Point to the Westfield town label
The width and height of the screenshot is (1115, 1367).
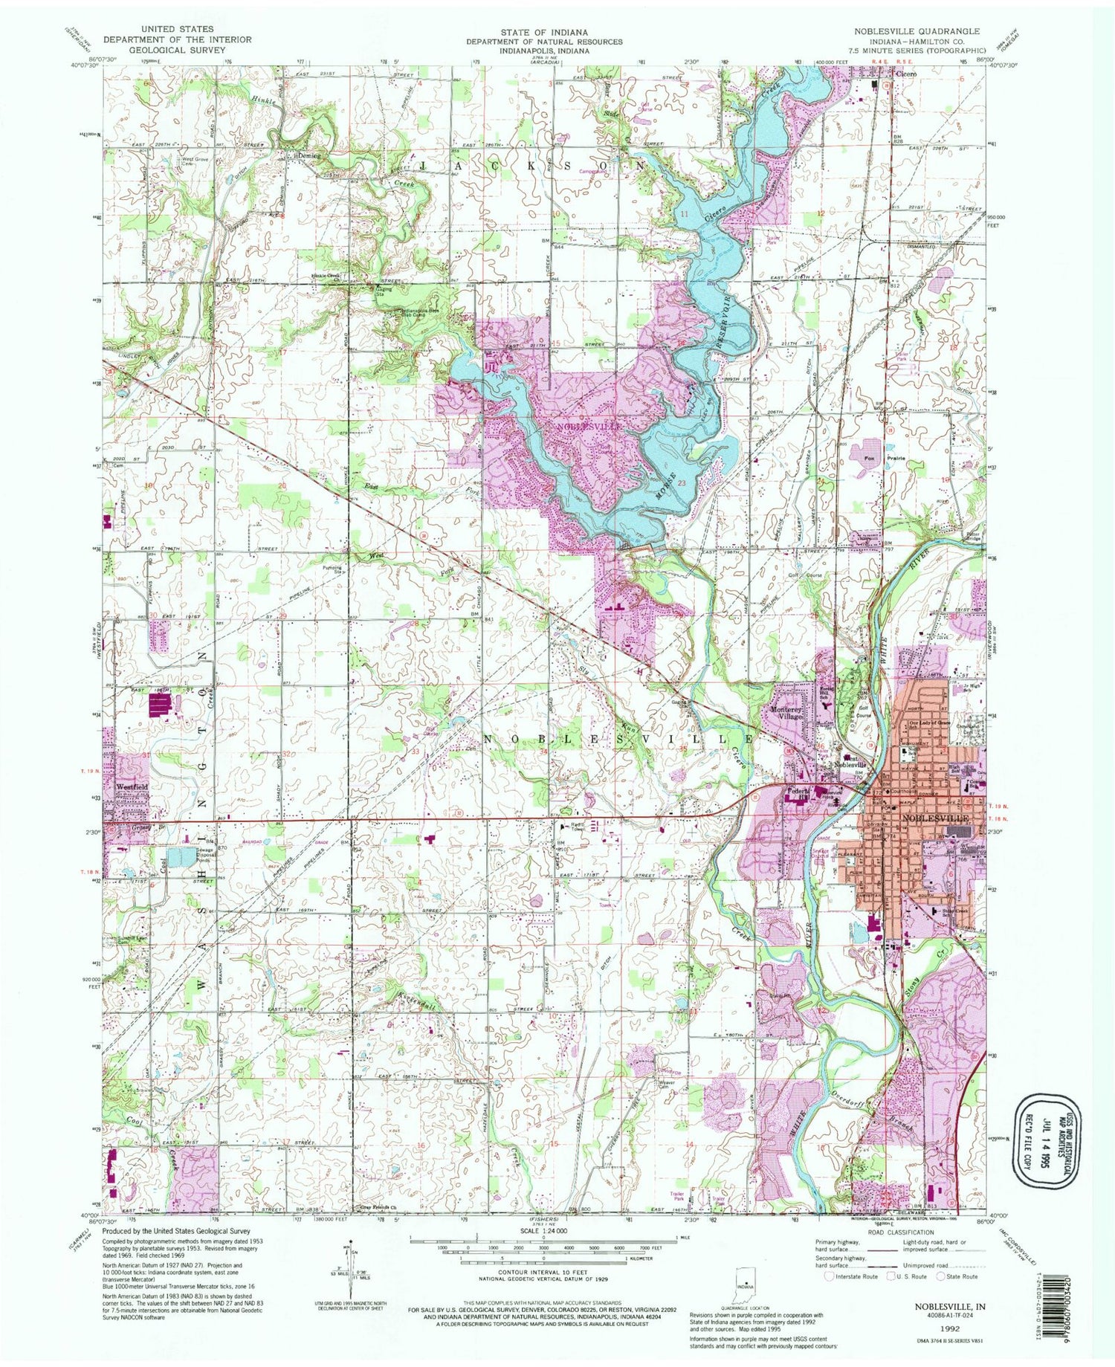pyautogui.click(x=131, y=786)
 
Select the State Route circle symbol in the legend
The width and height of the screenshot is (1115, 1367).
pyautogui.click(x=941, y=1276)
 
